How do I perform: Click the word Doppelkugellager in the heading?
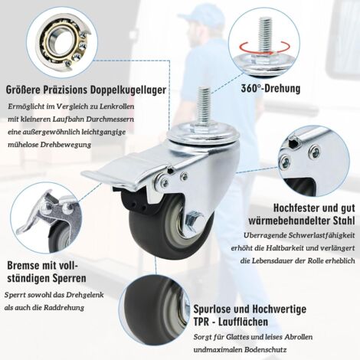point(128,90)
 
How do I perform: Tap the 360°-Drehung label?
point(270,89)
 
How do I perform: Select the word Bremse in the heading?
point(24,265)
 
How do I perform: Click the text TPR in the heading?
point(201,322)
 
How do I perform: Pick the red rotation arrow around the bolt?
point(264,48)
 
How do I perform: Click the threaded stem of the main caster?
point(204,106)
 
